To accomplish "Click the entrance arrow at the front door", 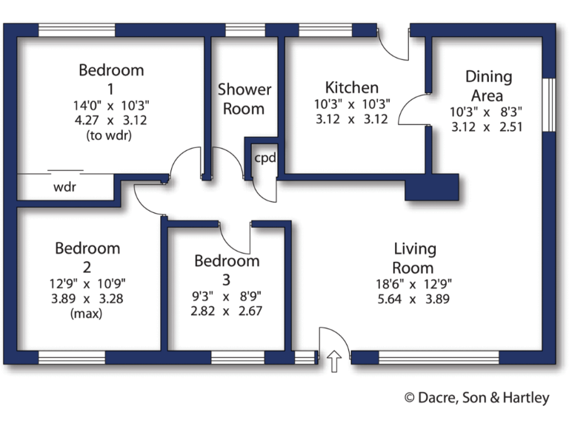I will [x=333, y=361].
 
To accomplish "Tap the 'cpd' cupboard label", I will [x=264, y=158].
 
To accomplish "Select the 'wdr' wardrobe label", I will [x=64, y=187].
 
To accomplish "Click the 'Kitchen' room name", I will [x=352, y=87].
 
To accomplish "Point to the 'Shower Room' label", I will [x=244, y=99].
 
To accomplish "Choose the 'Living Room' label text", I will [x=414, y=258].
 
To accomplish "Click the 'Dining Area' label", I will [x=488, y=86].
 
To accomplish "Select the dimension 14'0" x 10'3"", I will [x=111, y=105].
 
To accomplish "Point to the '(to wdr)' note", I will [x=111, y=135].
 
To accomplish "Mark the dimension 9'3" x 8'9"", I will [x=227, y=297].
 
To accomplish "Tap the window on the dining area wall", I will [x=549, y=104].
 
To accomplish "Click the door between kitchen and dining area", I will [x=415, y=111].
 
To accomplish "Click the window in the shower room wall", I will [x=244, y=30].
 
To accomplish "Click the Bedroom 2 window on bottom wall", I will [x=72, y=358].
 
